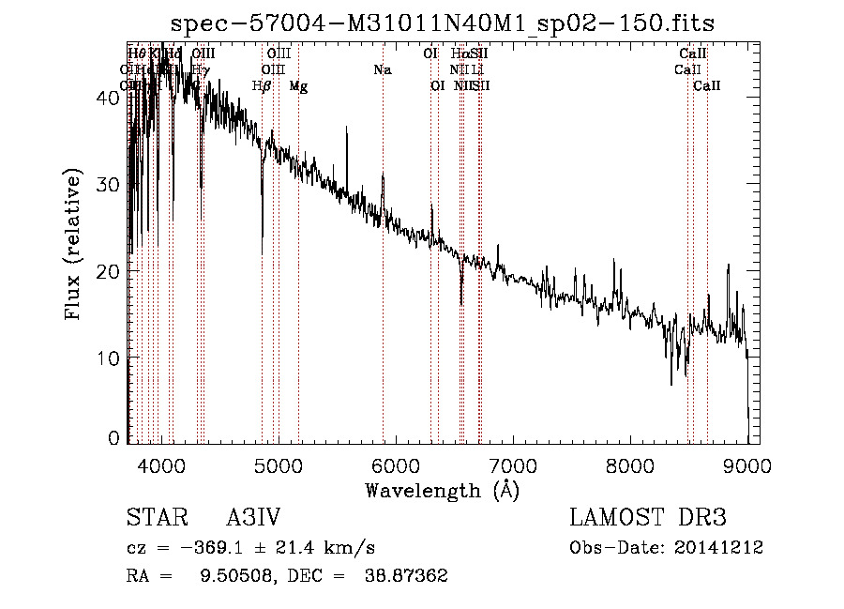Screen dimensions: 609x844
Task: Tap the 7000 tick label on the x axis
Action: tap(512, 464)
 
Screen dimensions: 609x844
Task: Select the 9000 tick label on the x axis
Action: tap(747, 464)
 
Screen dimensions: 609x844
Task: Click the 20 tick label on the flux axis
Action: tap(108, 271)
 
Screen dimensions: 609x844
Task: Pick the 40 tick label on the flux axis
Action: tap(108, 98)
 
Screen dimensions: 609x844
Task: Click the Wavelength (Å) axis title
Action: tap(442, 490)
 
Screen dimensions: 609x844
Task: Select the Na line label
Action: tap(382, 70)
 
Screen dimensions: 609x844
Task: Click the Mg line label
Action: tap(298, 86)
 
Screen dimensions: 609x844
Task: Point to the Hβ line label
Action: tap(262, 86)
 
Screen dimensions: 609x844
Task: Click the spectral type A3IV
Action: tap(253, 519)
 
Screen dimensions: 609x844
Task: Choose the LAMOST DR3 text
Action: tap(648, 519)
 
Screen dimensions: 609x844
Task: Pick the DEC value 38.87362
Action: tap(405, 576)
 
